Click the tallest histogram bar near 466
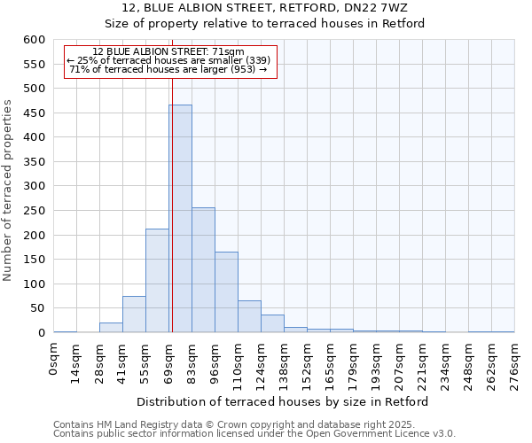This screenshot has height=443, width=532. (x=181, y=219)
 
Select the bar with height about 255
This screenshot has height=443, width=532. (x=203, y=270)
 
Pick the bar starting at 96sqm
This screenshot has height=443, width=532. (x=226, y=292)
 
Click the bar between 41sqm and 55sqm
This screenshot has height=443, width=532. (x=134, y=315)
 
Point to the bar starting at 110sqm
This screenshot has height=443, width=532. (x=249, y=317)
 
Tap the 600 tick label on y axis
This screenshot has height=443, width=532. (x=33, y=40)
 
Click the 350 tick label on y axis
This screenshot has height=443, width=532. (x=33, y=162)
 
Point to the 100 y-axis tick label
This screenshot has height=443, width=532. (x=33, y=284)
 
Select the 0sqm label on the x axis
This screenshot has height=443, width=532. (x=54, y=360)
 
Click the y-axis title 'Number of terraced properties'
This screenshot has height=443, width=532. (x=9, y=190)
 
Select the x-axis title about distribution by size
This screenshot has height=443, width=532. (x=284, y=401)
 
